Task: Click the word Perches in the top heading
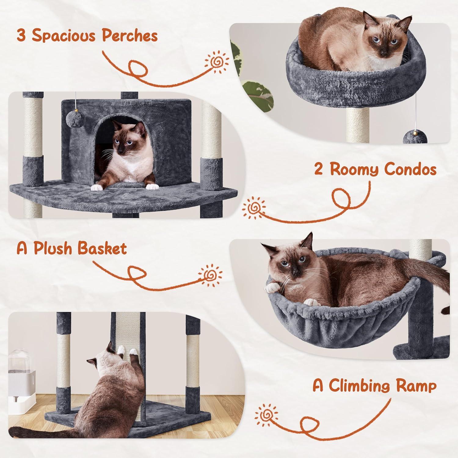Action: (130, 36)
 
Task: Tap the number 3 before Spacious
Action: (21, 36)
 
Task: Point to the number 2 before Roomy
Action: (318, 169)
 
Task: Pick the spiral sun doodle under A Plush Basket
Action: (210, 276)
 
